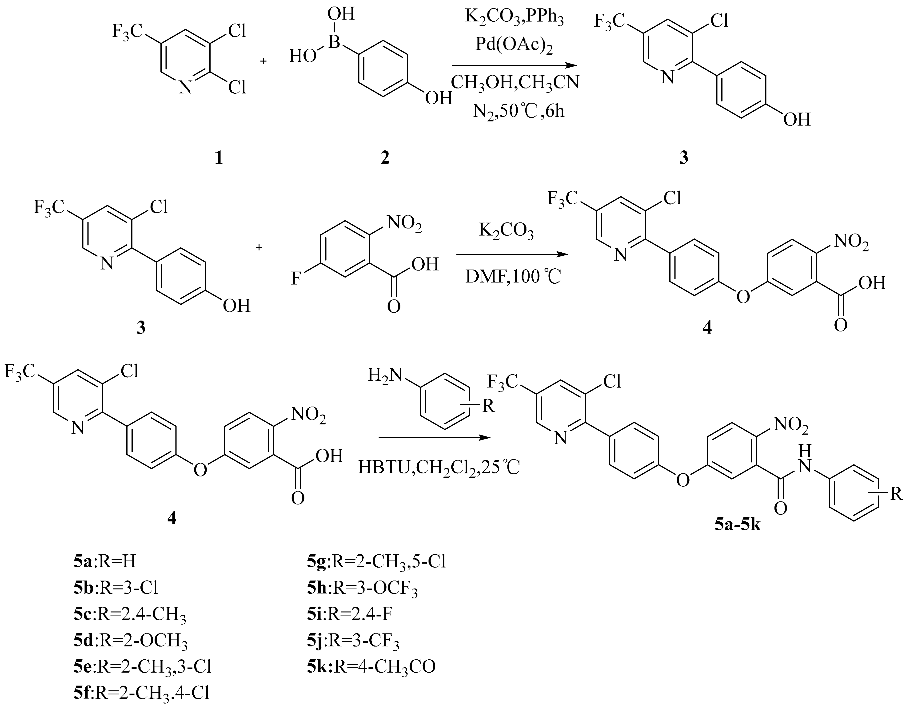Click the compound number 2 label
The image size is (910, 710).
point(385,158)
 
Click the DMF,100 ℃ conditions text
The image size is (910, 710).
point(513,276)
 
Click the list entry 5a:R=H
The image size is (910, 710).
point(105,562)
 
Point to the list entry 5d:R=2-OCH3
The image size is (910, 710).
point(130,640)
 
